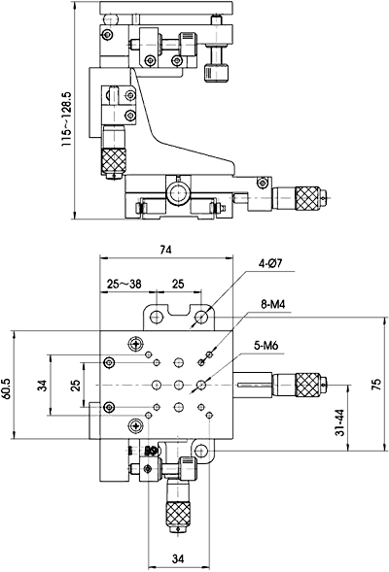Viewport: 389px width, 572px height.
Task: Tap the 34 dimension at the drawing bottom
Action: click(177, 556)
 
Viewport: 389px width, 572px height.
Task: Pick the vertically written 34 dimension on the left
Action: click(42, 385)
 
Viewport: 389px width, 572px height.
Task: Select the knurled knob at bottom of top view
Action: click(178, 514)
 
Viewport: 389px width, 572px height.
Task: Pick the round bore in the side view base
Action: click(178, 193)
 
